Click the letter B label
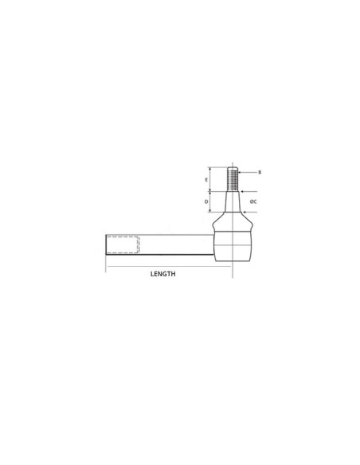(x=260, y=172)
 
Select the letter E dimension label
(x=206, y=180)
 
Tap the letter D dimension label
(x=206, y=201)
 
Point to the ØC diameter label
(x=252, y=201)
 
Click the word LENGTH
(x=162, y=274)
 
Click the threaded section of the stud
(x=233, y=178)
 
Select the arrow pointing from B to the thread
(x=247, y=172)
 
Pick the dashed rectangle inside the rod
(x=123, y=244)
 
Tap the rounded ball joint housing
(x=233, y=244)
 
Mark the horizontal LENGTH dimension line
(x=168, y=266)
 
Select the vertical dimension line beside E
(x=210, y=179)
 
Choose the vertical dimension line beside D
(x=210, y=201)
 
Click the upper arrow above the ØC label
(x=248, y=192)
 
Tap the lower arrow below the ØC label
(x=248, y=213)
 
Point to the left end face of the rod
(x=107, y=244)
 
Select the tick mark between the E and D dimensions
(x=210, y=191)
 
